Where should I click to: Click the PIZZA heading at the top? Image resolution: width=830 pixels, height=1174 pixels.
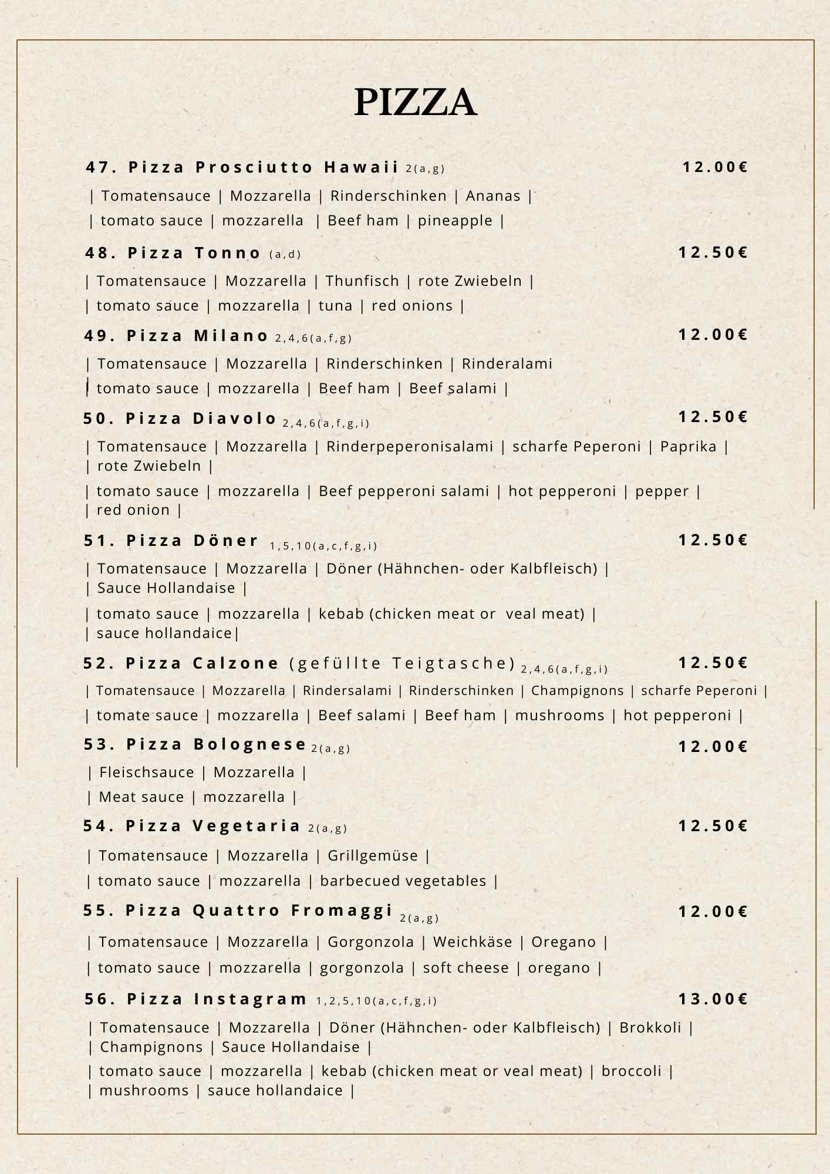click(x=415, y=102)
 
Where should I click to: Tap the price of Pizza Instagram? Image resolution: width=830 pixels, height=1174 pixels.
click(x=713, y=999)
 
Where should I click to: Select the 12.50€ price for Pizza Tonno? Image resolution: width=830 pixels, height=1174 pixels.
click(x=713, y=252)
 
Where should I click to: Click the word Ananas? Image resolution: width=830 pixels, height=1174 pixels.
click(x=493, y=196)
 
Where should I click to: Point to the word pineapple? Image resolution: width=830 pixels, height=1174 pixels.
click(x=455, y=221)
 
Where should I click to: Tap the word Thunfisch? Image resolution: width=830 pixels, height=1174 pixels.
click(x=362, y=281)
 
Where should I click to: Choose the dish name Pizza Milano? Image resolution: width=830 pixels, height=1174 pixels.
click(x=198, y=336)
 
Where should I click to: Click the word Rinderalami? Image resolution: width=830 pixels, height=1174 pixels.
click(x=507, y=364)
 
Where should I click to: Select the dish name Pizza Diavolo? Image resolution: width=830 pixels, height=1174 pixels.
click(x=201, y=419)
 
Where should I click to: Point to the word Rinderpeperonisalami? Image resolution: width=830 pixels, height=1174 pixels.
click(x=410, y=447)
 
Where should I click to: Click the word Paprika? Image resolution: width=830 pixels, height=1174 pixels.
click(x=688, y=447)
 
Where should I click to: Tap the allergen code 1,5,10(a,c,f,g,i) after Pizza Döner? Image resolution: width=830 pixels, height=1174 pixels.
click(x=323, y=546)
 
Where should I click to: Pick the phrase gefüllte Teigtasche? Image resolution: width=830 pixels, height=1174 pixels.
click(x=403, y=663)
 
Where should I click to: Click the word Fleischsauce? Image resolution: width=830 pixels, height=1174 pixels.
click(x=147, y=772)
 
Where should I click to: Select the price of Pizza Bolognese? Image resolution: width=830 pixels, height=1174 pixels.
click(x=713, y=747)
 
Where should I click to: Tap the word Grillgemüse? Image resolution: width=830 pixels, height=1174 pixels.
click(x=373, y=856)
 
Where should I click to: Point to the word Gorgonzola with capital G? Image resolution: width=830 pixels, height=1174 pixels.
click(x=370, y=942)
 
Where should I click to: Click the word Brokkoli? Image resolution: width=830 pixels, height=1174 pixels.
click(x=650, y=1028)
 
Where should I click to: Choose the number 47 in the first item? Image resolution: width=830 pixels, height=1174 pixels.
click(x=97, y=167)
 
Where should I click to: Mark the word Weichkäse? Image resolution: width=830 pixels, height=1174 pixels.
click(x=473, y=942)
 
